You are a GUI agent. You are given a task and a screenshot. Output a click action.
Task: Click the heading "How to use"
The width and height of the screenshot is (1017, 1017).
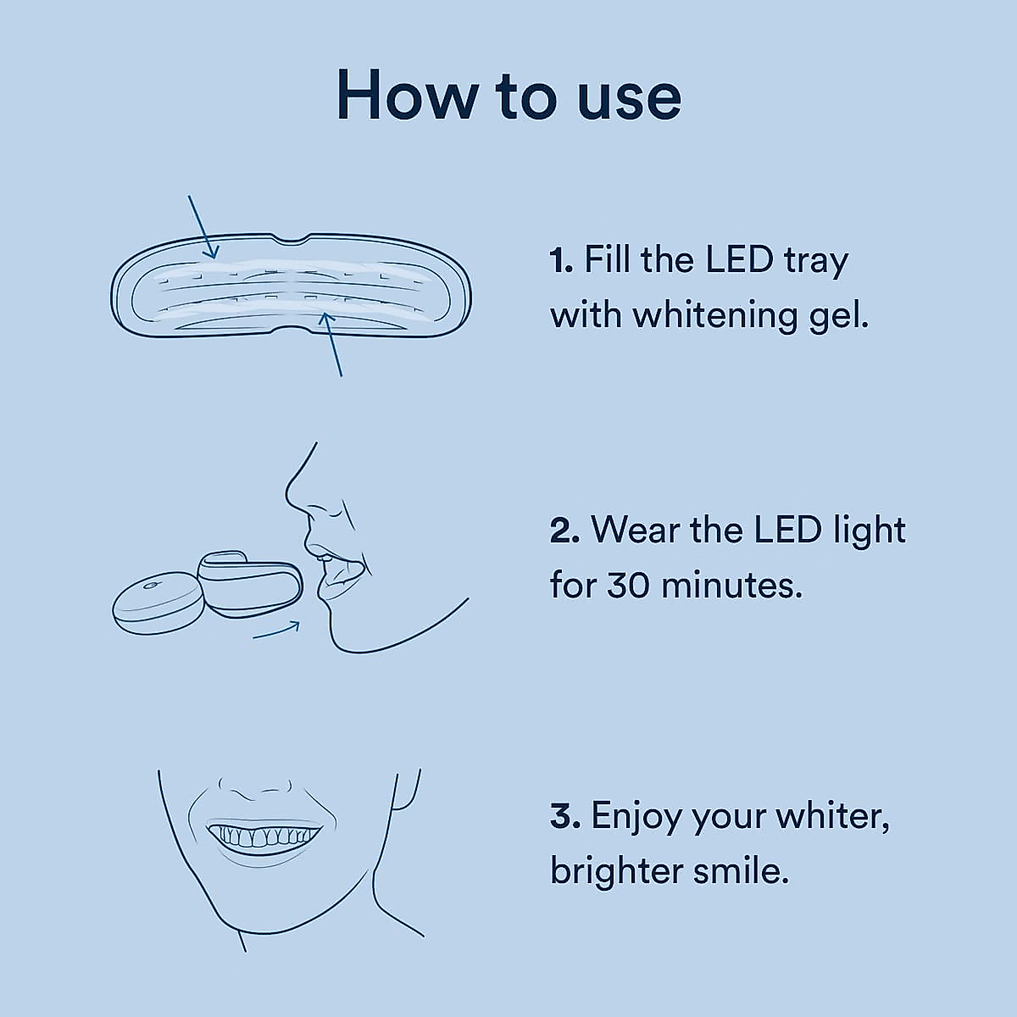pos(508,96)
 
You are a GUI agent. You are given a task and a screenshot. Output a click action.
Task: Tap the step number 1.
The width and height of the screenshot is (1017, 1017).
pos(561,260)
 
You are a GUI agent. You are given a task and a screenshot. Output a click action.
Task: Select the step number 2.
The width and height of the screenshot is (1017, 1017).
pos(564,531)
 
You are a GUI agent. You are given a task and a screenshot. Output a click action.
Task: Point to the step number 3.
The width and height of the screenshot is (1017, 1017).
pos(564,816)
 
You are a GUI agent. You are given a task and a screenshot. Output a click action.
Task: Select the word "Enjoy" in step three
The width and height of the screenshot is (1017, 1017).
pos(636,817)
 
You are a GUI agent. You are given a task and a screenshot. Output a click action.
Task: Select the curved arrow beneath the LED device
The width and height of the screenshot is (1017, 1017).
pos(276,631)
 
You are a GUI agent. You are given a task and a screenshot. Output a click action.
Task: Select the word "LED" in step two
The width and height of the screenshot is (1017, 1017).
pos(788,531)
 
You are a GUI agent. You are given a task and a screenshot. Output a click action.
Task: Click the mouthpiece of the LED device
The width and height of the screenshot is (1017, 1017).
pos(251,584)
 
